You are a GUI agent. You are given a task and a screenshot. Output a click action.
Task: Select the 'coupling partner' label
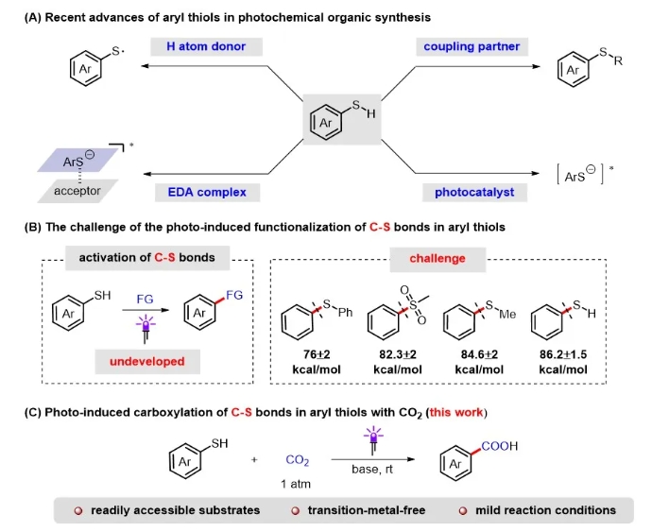pyautogui.click(x=472, y=47)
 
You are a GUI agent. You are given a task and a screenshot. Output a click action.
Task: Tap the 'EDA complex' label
pyautogui.click(x=200, y=192)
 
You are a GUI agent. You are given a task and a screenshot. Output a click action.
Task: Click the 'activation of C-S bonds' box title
pyautogui.click(x=142, y=257)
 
